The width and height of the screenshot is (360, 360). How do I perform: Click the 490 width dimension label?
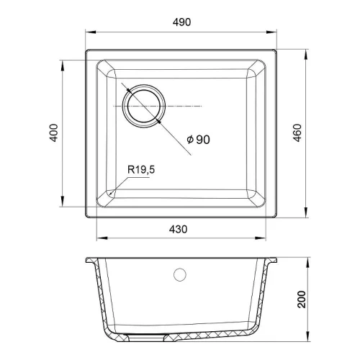(181, 22)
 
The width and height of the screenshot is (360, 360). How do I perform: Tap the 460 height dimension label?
(297, 133)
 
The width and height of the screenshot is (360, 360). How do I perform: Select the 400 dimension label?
(53, 132)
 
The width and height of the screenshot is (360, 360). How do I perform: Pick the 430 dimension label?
(178, 230)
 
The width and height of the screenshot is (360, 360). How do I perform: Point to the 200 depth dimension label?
(302, 300)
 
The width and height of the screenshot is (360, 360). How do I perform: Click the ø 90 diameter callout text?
(198, 140)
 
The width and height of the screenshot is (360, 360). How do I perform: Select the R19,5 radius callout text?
(141, 170)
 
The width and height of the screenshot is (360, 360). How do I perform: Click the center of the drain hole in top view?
(144, 106)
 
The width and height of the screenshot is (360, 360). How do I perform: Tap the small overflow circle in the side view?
(180, 274)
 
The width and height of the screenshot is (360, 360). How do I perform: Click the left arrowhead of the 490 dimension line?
(91, 32)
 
